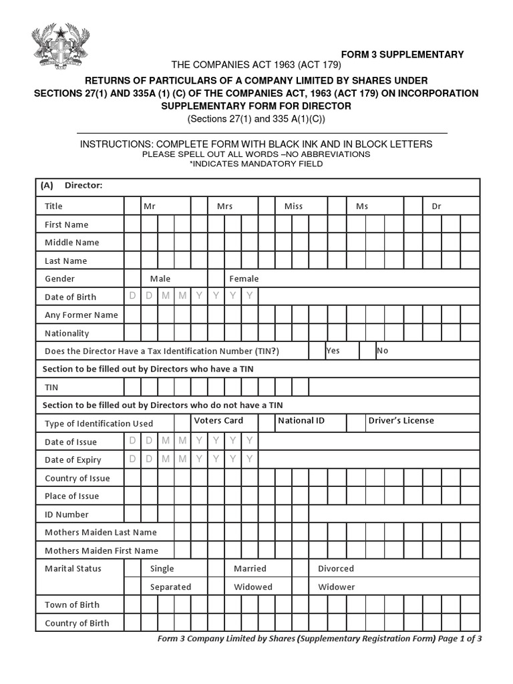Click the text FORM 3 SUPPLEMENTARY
coord(402,55)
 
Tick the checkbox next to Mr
coord(132,206)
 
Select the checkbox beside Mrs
coord(199,206)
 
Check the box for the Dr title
coord(413,206)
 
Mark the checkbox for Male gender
coord(132,279)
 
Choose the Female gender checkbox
coord(216,279)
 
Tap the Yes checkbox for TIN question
coord(317,351)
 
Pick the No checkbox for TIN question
coord(367,351)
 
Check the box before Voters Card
coord(182,423)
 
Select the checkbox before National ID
coord(267,423)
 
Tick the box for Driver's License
coord(355,423)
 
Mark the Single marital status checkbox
coord(132,568)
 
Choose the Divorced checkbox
coord(300,568)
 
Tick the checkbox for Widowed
coord(216,586)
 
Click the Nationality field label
coord(67,333)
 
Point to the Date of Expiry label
coord(73,460)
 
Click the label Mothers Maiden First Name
coord(102,550)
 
